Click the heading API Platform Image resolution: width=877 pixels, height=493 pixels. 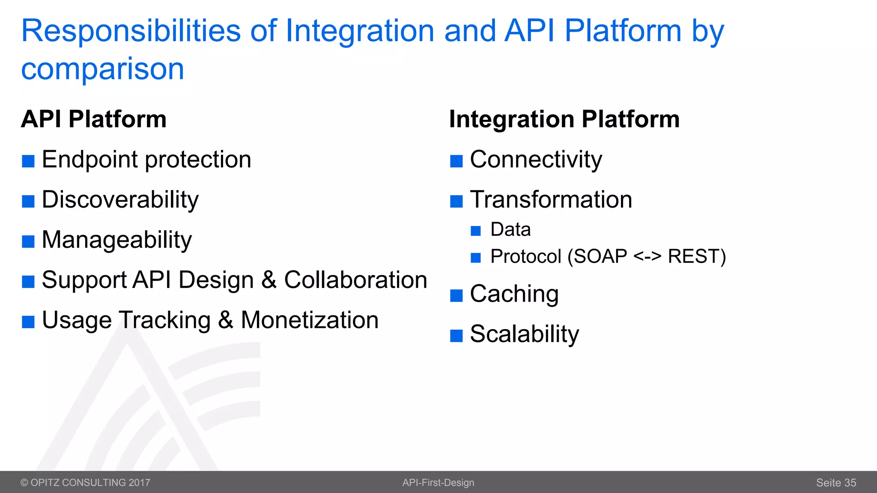pyautogui.click(x=94, y=119)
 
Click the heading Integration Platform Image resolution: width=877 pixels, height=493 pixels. pyautogui.click(x=564, y=119)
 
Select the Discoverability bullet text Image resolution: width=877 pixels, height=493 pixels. pyautogui.click(x=120, y=200)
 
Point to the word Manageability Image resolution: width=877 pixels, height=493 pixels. pyautogui.click(x=117, y=240)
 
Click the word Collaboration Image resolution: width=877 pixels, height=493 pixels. pyautogui.click(x=355, y=280)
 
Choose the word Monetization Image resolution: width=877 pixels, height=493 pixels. pyautogui.click(x=310, y=320)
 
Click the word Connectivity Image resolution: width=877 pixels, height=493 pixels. pyautogui.click(x=536, y=160)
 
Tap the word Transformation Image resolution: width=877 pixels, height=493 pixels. pyautogui.click(x=551, y=200)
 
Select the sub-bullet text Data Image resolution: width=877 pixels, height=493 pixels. pyautogui.click(x=510, y=230)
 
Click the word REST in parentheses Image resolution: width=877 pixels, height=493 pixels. pyautogui.click(x=693, y=257)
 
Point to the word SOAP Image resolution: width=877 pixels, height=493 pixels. pyautogui.click(x=600, y=257)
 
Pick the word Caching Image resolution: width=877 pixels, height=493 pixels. pyautogui.click(x=514, y=294)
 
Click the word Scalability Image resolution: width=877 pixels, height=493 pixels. pyautogui.click(x=524, y=334)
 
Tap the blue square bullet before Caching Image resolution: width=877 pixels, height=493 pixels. pyautogui.click(x=456, y=295)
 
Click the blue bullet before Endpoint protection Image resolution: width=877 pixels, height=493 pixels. pyautogui.click(x=28, y=161)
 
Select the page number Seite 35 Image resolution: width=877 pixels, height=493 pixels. pyautogui.click(x=835, y=483)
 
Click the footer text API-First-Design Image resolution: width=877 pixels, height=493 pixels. pyautogui.click(x=438, y=483)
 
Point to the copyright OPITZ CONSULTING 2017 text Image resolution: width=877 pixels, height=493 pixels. pyautogui.click(x=85, y=483)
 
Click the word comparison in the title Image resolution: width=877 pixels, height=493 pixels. pyautogui.click(x=103, y=69)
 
